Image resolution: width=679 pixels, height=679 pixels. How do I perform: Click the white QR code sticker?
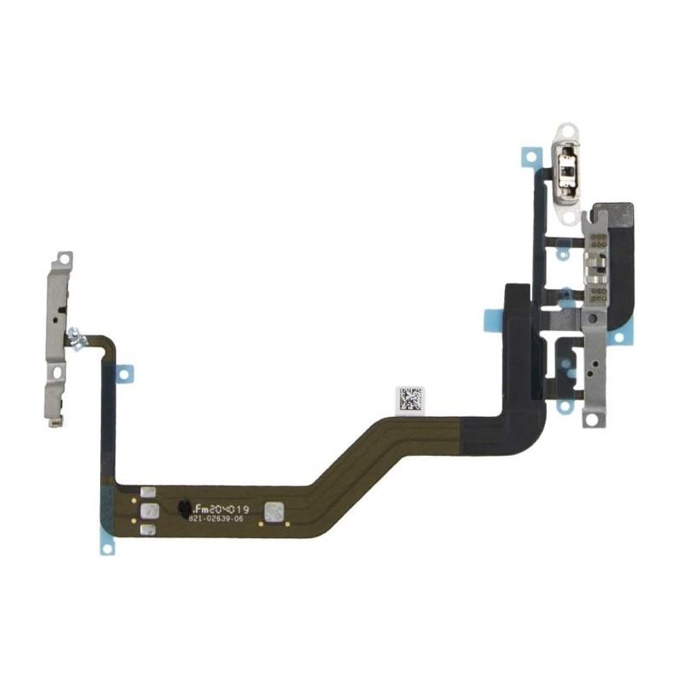point(409,399)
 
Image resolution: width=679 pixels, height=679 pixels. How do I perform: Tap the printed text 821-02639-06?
point(216,517)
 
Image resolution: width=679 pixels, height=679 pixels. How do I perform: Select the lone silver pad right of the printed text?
point(274,511)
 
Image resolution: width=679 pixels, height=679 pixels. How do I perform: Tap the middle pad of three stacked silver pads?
point(147,511)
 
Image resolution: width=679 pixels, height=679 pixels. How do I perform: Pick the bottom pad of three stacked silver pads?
point(147,529)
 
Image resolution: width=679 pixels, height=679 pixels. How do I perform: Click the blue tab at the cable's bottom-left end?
point(106,547)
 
